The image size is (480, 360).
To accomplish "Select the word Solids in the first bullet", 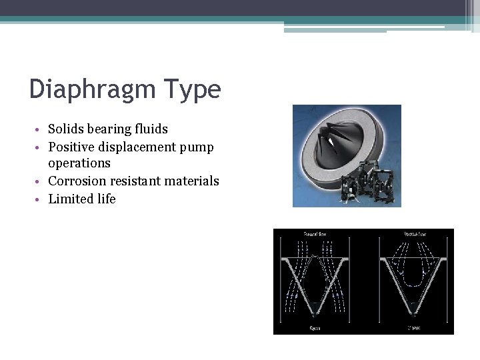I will [67, 129].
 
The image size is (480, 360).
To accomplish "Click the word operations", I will [79, 163].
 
